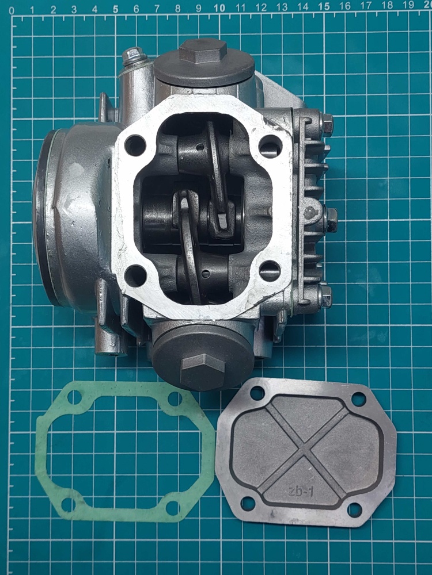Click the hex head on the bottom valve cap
point(203,371)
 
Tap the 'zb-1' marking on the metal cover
point(301,492)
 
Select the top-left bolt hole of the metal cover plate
point(256,393)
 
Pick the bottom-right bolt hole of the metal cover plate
point(354,510)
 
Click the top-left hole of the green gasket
point(74,397)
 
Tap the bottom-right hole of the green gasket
point(172,508)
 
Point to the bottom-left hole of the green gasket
point(69,505)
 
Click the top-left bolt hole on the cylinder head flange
point(135,145)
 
